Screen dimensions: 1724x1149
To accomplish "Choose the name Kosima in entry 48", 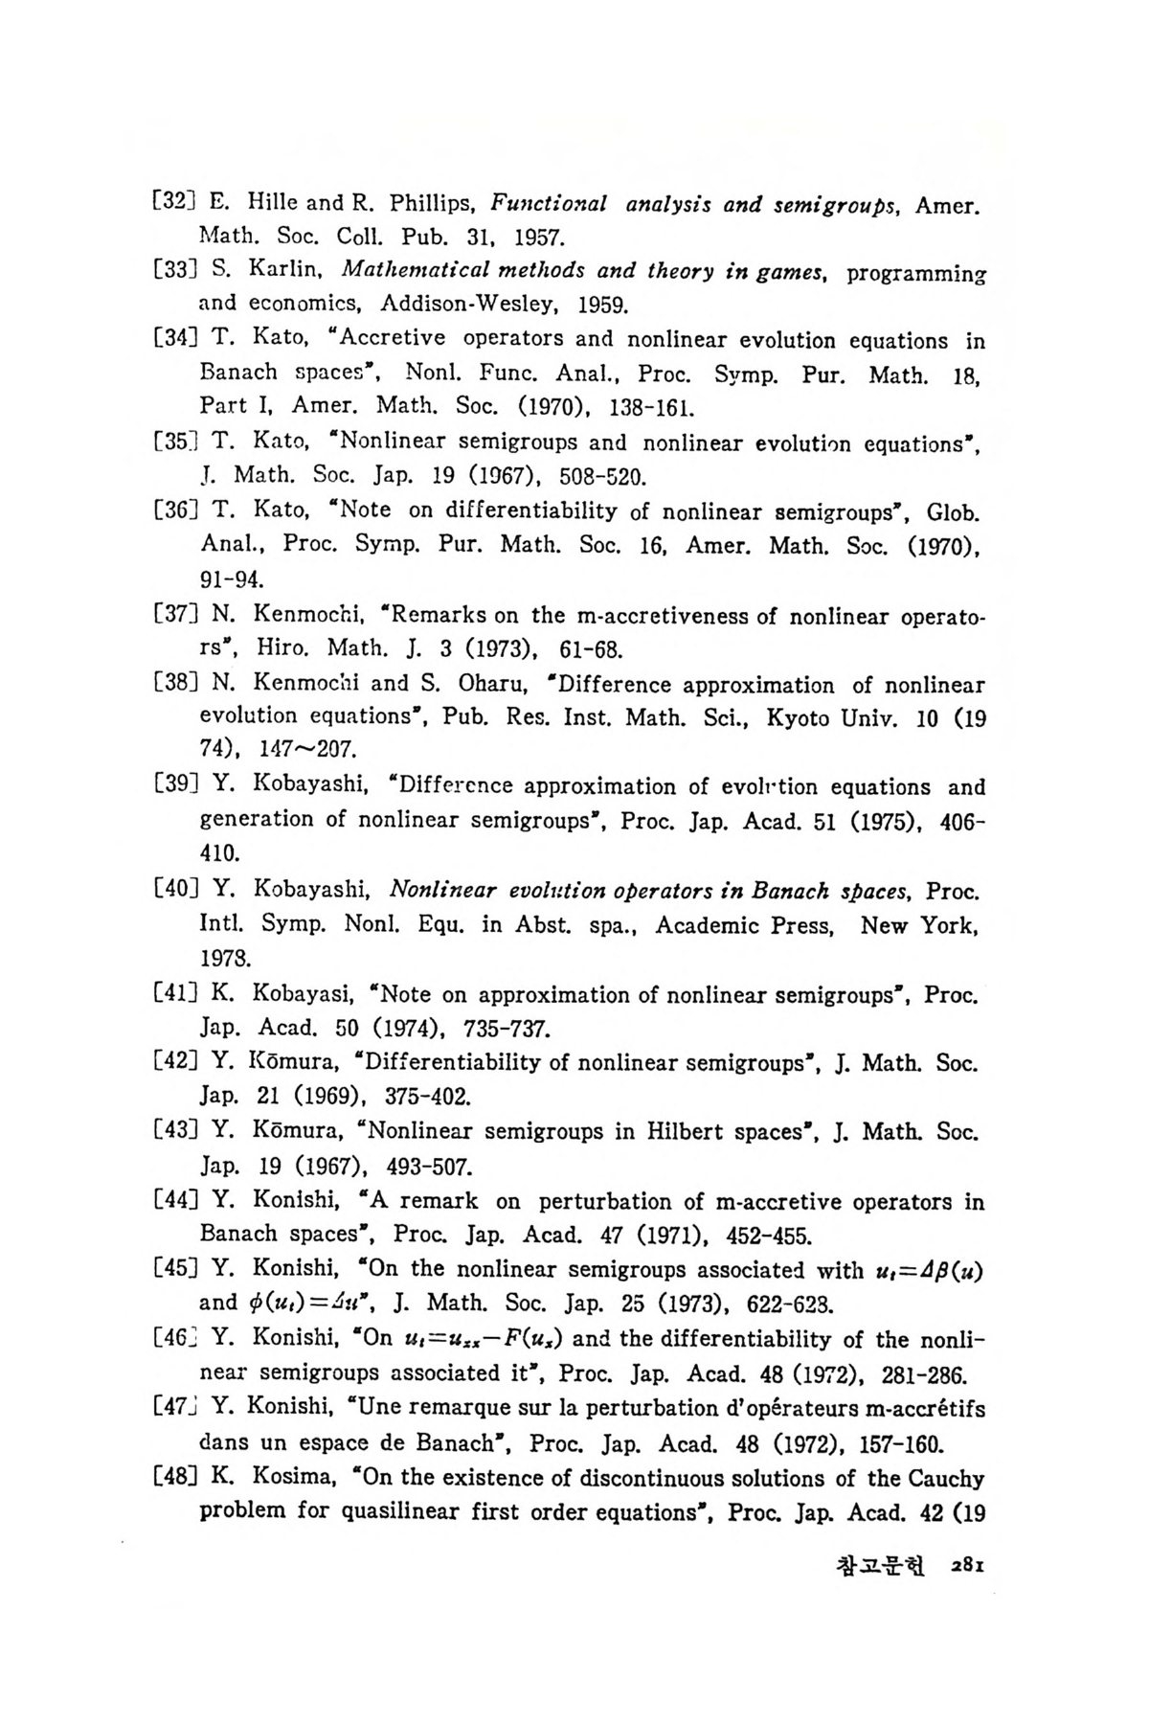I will pyautogui.click(x=291, y=1479).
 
